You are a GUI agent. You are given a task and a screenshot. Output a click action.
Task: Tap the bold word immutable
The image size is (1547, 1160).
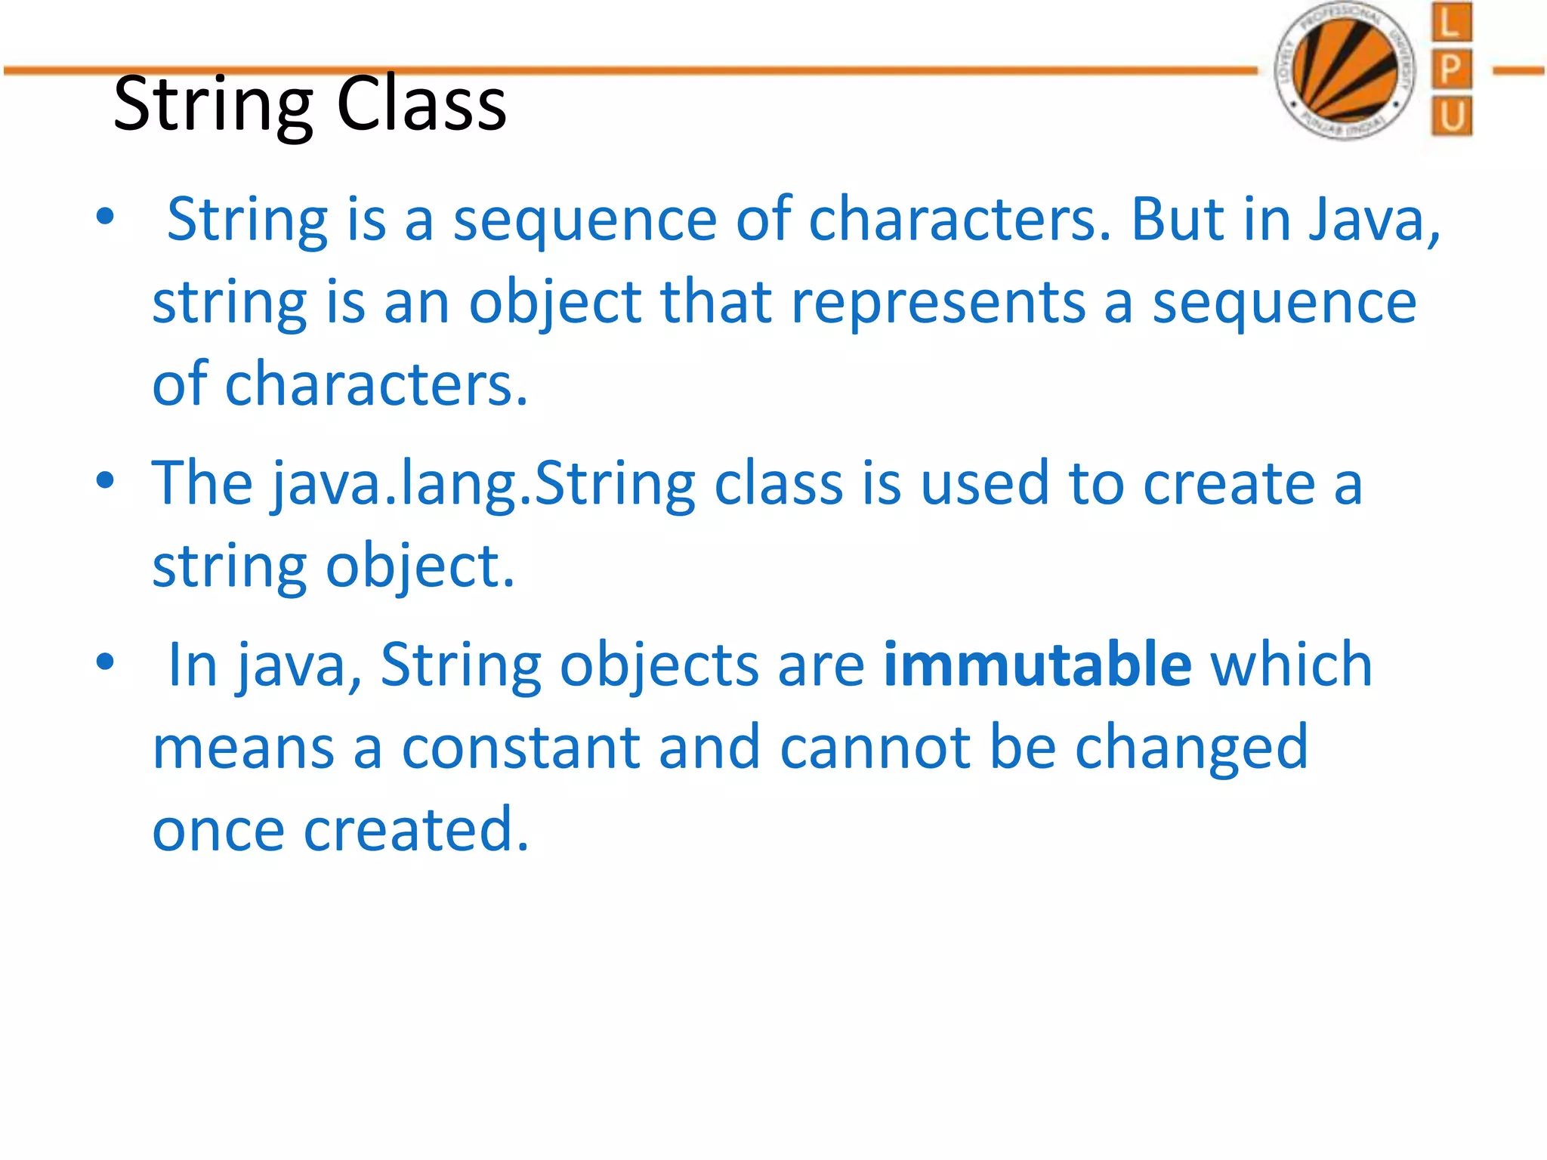pos(1037,665)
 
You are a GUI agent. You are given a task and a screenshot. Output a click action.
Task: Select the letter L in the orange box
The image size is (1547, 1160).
pos(1450,23)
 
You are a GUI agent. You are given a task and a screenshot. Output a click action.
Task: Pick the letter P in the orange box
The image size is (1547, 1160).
pos(1450,70)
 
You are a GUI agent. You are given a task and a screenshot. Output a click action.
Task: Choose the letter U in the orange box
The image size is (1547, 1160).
pos(1450,117)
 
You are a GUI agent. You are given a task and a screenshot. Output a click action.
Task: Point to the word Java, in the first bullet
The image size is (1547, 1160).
pos(1374,221)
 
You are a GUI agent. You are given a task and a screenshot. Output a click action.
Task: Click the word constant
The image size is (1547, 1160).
pos(520,748)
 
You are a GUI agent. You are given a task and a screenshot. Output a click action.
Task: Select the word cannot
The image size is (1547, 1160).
pos(875,748)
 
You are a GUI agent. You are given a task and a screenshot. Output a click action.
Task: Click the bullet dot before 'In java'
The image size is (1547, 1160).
pos(105,662)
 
